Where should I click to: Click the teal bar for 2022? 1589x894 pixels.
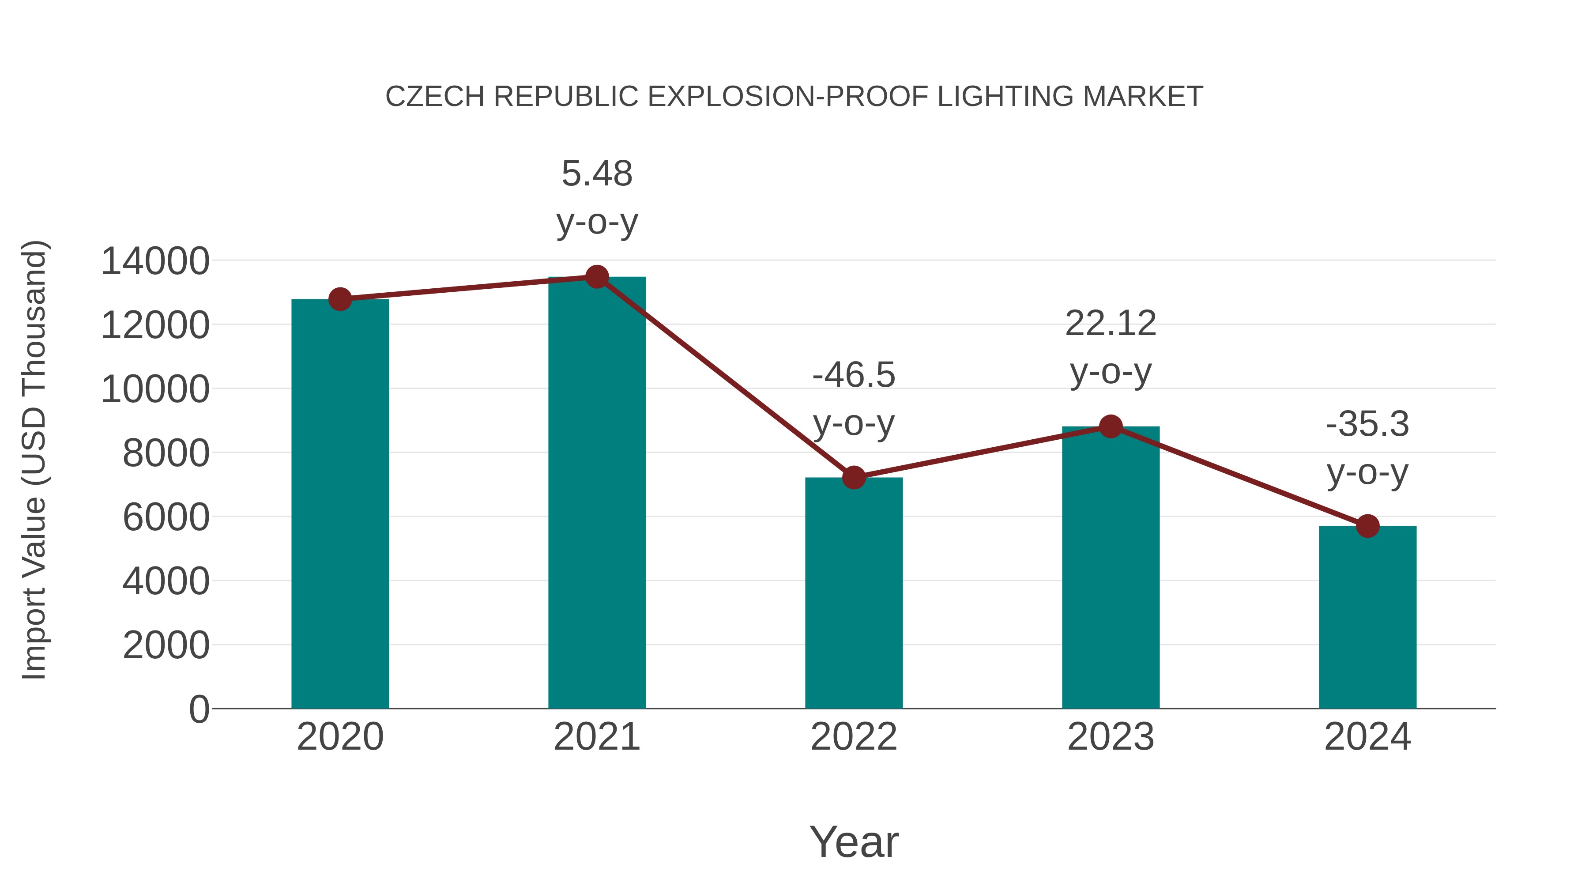[854, 592]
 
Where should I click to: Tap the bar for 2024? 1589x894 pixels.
[1367, 617]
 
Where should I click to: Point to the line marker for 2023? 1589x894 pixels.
[1111, 426]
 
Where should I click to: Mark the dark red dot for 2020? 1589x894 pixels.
[340, 299]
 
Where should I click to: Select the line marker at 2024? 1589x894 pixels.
[1367, 526]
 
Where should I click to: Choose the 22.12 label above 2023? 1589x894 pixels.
[1111, 323]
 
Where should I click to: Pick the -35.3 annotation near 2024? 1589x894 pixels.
[1367, 424]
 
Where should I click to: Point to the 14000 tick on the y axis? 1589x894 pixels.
[155, 261]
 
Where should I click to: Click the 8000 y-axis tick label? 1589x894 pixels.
[166, 453]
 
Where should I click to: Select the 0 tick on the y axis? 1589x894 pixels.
[199, 709]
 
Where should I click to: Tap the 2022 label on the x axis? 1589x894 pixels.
[854, 737]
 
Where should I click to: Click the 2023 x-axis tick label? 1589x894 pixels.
[1111, 737]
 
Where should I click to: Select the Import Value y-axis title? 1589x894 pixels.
[34, 460]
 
